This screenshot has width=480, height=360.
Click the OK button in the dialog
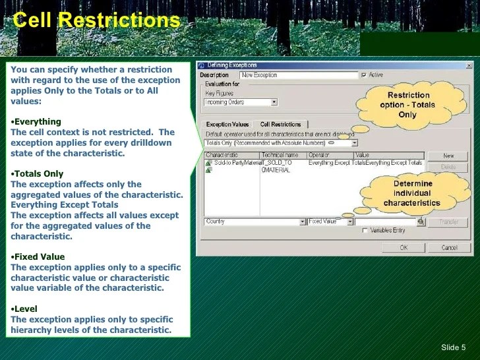(404, 247)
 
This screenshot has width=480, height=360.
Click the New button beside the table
(448, 156)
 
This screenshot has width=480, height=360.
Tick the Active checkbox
(364, 75)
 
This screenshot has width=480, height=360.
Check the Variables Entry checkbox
(365, 231)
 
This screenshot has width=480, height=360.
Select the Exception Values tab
(227, 124)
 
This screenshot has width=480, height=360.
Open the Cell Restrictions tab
(280, 124)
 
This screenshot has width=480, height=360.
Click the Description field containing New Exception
(298, 75)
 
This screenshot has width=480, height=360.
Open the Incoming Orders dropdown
(274, 102)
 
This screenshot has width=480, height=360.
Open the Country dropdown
(301, 222)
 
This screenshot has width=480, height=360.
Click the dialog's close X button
(469, 65)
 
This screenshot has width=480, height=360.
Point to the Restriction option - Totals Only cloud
(407, 105)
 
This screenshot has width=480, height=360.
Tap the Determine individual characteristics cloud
(413, 193)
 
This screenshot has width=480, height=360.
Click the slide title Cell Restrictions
(97, 20)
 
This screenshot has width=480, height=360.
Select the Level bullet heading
(26, 309)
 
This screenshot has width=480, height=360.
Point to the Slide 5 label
(453, 347)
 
